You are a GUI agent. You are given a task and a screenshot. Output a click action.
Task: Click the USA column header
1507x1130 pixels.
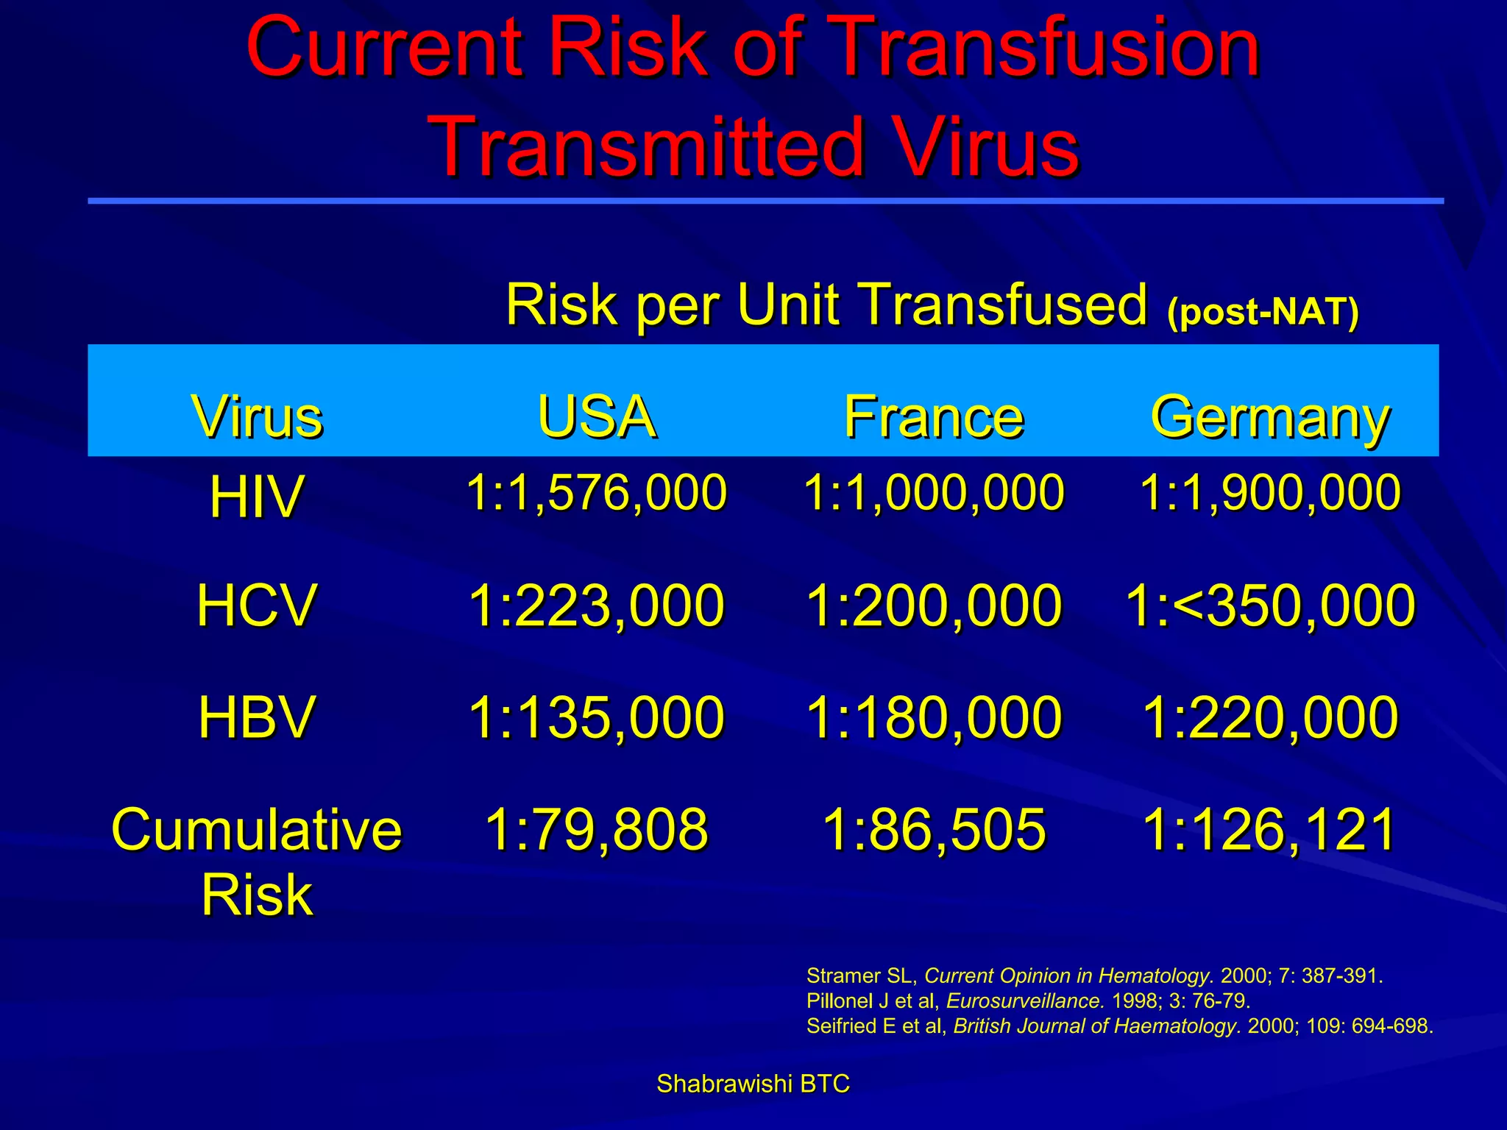click(x=596, y=417)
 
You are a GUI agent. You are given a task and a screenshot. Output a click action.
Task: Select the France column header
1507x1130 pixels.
click(x=934, y=417)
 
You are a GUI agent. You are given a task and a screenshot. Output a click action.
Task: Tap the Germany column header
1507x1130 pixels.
click(x=1270, y=417)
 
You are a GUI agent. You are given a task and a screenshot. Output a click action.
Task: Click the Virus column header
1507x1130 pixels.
click(x=257, y=417)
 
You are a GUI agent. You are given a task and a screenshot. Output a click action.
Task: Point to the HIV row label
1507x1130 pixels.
click(x=256, y=497)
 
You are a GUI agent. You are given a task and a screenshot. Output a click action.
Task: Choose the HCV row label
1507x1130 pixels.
click(x=256, y=605)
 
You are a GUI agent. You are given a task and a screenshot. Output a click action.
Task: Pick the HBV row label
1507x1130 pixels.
click(x=256, y=717)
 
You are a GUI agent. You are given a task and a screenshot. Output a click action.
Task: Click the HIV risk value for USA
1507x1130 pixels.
click(x=596, y=492)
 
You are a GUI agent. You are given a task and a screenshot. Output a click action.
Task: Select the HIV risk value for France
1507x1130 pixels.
click(x=934, y=492)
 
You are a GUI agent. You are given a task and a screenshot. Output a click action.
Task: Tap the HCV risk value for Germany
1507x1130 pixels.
click(x=1270, y=605)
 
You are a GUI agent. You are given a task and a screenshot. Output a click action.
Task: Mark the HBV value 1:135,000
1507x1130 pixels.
click(x=596, y=717)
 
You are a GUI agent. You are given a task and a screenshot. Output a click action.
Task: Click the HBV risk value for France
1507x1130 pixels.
click(x=934, y=717)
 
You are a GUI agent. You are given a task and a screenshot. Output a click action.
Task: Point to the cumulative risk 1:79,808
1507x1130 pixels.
click(x=596, y=829)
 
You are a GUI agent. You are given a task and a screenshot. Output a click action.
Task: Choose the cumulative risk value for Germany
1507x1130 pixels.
click(x=1270, y=829)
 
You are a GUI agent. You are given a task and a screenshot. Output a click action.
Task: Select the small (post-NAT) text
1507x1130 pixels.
click(x=1263, y=312)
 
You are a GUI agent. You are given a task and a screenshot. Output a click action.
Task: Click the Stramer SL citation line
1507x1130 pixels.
click(x=1094, y=976)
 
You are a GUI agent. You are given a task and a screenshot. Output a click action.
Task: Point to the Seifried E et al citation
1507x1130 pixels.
click(x=1119, y=1026)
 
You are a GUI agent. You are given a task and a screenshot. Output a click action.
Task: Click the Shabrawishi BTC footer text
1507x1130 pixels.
click(x=753, y=1084)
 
